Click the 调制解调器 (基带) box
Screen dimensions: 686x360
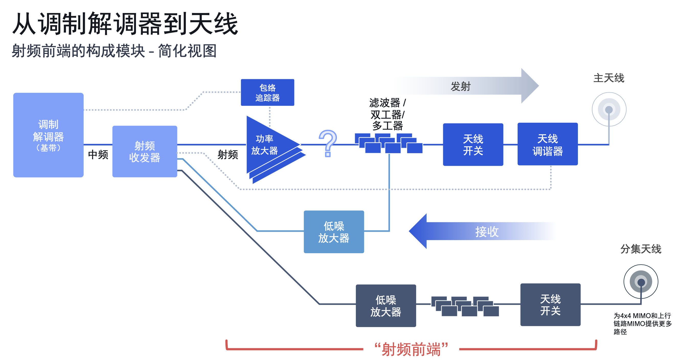(49, 135)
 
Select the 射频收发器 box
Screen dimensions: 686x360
(145, 151)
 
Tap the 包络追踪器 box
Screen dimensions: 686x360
(267, 93)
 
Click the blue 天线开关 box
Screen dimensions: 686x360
(473, 144)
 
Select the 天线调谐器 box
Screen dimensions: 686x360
(547, 144)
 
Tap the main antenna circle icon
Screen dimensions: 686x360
(609, 109)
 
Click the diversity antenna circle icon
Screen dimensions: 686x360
(641, 282)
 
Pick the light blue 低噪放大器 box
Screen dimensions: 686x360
(334, 232)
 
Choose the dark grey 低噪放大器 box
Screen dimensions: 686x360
(386, 306)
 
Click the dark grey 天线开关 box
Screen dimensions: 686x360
(551, 305)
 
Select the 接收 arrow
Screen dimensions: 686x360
(482, 231)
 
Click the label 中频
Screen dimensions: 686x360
(98, 154)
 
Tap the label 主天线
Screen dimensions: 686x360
(609, 78)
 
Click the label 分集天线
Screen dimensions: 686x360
(641, 249)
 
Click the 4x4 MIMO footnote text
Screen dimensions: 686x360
(643, 324)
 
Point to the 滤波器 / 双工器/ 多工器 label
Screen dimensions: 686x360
(387, 114)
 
